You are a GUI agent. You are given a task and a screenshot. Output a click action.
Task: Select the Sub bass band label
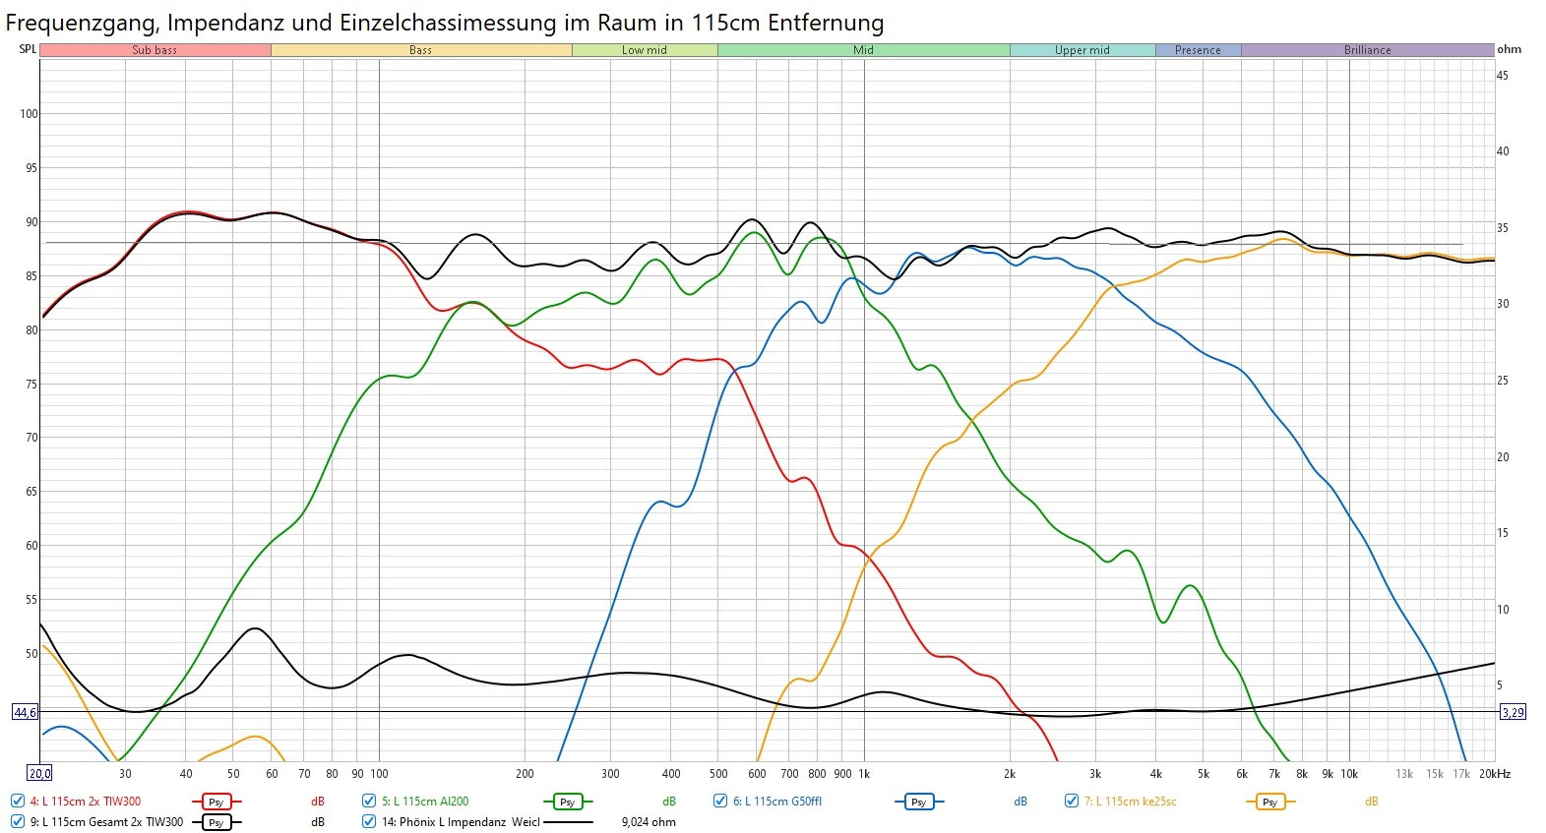pos(155,50)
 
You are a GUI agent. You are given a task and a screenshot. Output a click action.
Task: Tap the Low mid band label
pos(645,50)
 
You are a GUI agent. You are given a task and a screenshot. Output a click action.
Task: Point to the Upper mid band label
pos(1082,50)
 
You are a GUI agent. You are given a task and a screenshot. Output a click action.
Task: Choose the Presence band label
pos(1198,50)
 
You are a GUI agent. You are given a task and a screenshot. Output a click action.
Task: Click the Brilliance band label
pos(1367,50)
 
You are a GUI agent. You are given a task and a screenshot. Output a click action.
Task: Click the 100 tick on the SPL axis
pos(29,114)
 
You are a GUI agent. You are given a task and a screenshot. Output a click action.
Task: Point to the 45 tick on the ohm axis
pos(1502,76)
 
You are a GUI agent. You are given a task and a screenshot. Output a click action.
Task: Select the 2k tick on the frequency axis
pos(1010,774)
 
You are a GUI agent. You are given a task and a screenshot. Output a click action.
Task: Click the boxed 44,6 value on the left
pos(25,712)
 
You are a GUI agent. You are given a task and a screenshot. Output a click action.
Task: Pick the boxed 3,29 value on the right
pos(1513,712)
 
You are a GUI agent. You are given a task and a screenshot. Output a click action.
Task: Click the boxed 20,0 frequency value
pos(39,774)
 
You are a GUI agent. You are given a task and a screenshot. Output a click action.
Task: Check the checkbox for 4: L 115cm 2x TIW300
pos(18,801)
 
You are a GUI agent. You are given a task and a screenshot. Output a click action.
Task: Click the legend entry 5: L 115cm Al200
pos(425,802)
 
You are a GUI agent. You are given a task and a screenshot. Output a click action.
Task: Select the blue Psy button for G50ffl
pos(918,802)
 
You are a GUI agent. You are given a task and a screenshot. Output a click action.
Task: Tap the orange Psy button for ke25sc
pos(1269,802)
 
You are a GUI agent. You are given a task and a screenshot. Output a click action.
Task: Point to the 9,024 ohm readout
pos(649,822)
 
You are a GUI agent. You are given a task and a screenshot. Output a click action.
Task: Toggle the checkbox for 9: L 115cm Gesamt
pos(18,821)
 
